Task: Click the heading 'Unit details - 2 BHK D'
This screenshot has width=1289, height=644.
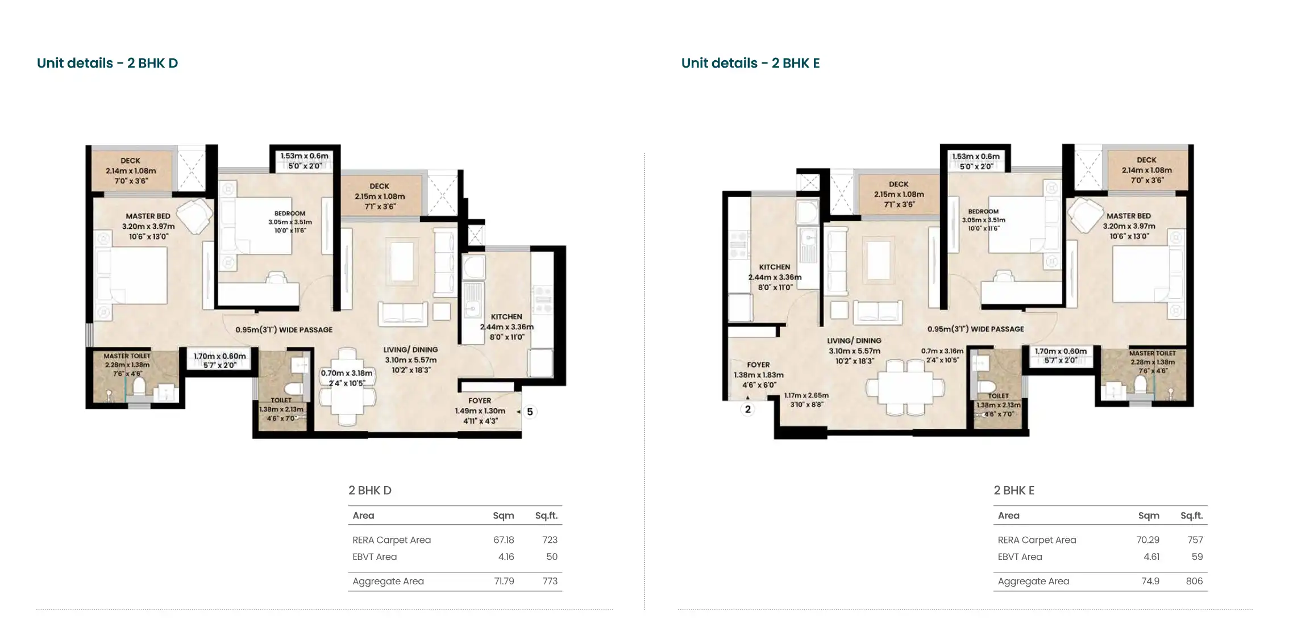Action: pyautogui.click(x=107, y=63)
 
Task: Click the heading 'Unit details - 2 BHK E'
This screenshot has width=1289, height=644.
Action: pyautogui.click(x=750, y=63)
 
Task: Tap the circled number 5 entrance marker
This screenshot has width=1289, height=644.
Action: pyautogui.click(x=530, y=412)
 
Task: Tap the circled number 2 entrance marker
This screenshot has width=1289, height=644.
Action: pyautogui.click(x=748, y=409)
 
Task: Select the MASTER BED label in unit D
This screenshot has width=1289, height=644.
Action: pyautogui.click(x=148, y=216)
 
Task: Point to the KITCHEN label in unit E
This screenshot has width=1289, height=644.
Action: pyautogui.click(x=775, y=267)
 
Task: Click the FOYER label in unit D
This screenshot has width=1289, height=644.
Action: pyautogui.click(x=480, y=400)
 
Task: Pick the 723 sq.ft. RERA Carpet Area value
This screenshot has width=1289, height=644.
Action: pyautogui.click(x=550, y=540)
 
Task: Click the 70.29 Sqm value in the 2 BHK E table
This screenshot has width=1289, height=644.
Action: pyautogui.click(x=1148, y=540)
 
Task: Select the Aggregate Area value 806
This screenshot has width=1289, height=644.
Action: pyautogui.click(x=1194, y=581)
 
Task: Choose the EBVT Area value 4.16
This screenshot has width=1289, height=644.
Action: pyautogui.click(x=506, y=557)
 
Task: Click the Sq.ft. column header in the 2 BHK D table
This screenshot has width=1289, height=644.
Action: pyautogui.click(x=546, y=516)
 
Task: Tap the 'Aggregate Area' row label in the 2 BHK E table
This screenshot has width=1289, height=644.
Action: pyautogui.click(x=1033, y=581)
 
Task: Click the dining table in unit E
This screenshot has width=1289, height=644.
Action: pyautogui.click(x=905, y=389)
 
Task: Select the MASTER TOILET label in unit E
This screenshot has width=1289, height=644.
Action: pyautogui.click(x=1153, y=353)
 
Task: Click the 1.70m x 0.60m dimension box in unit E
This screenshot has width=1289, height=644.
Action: pyautogui.click(x=1061, y=356)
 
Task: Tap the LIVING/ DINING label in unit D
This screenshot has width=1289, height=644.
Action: pyautogui.click(x=410, y=350)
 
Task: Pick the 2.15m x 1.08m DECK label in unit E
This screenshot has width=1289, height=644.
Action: pyautogui.click(x=899, y=194)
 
